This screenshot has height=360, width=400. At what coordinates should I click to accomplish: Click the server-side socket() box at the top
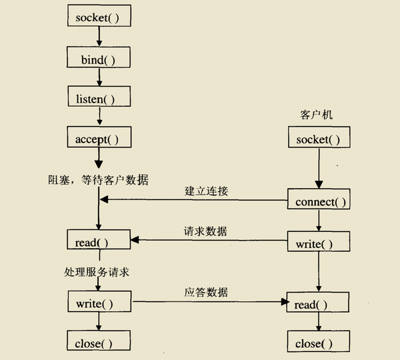(x=99, y=15)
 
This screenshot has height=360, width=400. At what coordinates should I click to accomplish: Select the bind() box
(x=99, y=57)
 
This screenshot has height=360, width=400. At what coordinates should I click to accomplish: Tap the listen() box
(x=99, y=96)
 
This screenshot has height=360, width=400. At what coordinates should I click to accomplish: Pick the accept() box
(x=99, y=137)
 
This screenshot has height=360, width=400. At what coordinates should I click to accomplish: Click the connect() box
(x=319, y=199)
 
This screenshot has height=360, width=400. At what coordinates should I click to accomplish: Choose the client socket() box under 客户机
(x=319, y=137)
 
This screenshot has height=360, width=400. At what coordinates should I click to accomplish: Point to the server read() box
(x=99, y=239)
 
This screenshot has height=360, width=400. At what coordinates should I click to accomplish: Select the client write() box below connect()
(x=319, y=241)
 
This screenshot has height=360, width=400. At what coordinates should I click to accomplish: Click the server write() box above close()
(x=99, y=301)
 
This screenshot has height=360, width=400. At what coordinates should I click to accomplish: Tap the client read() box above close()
(x=317, y=303)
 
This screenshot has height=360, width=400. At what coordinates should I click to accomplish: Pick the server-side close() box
(x=99, y=341)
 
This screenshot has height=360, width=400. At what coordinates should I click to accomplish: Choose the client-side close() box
(x=319, y=341)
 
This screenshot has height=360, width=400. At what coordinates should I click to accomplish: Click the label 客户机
(x=316, y=115)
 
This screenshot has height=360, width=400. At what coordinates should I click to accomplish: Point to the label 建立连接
(x=206, y=191)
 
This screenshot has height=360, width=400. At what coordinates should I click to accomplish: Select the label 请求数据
(x=205, y=231)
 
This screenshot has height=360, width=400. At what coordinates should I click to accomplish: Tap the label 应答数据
(x=206, y=292)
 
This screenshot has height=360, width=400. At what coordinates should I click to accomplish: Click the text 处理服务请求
(x=97, y=272)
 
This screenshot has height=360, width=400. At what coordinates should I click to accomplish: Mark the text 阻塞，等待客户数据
(x=98, y=180)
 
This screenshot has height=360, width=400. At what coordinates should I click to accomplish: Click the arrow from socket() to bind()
(x=99, y=36)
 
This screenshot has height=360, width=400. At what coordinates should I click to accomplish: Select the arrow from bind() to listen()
(x=99, y=77)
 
